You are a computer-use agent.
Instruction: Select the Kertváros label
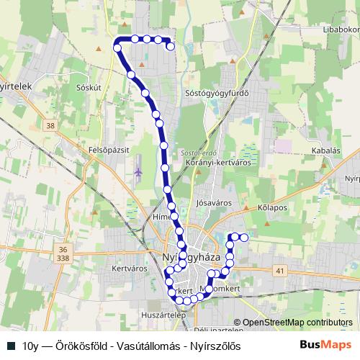tap(130, 268)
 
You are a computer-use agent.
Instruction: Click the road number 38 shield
tap(49, 125)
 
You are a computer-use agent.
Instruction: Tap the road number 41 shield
tap(280, 270)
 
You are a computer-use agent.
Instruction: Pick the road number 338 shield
tap(65, 257)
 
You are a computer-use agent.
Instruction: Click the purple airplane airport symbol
tap(138, 173)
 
